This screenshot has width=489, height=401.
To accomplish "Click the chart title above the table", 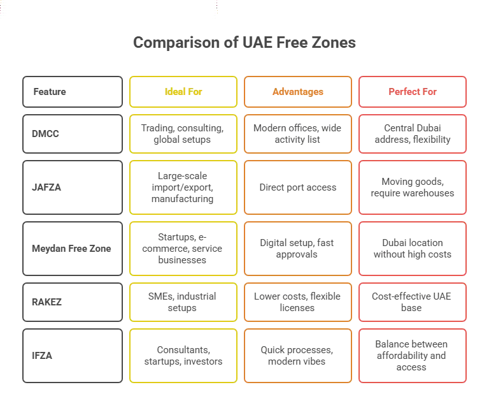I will (x=244, y=44).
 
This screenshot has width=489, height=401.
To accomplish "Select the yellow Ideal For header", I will (x=183, y=91).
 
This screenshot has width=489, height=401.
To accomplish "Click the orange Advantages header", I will (x=297, y=91).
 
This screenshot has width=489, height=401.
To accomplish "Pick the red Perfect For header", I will (x=413, y=91).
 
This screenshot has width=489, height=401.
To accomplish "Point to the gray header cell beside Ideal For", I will (x=71, y=91).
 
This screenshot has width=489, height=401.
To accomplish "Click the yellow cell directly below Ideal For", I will (x=183, y=133).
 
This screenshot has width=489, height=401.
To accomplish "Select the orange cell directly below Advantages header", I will (x=297, y=133).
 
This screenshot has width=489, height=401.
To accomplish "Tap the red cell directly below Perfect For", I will (x=413, y=133).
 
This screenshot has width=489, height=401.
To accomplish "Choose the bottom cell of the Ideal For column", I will (x=183, y=356).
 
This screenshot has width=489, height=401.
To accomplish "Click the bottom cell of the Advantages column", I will (x=297, y=356).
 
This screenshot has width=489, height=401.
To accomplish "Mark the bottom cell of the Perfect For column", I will (x=413, y=356).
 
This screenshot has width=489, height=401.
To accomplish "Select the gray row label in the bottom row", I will (x=71, y=356).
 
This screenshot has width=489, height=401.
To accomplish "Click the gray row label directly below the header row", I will (x=71, y=133).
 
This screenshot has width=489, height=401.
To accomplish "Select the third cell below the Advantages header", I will (x=297, y=248).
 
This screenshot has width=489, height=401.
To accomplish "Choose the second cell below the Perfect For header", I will (x=413, y=188).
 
